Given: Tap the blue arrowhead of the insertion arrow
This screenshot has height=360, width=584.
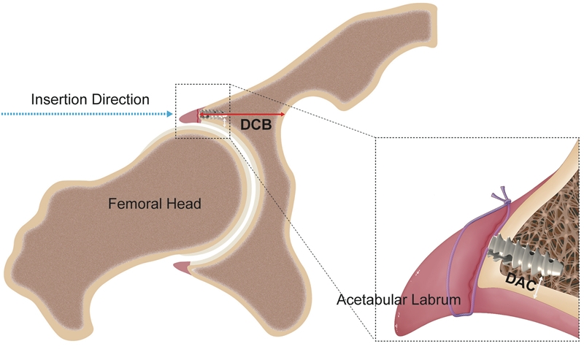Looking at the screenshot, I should (170, 115).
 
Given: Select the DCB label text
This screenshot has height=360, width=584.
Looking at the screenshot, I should (255, 126).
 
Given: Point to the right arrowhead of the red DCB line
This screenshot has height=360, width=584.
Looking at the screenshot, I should (282, 115).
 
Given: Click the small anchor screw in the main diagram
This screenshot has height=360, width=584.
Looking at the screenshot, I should (211, 115).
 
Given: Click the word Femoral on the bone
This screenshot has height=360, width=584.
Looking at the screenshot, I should (133, 204).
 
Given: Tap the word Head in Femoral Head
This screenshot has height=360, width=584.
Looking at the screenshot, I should (185, 204).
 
